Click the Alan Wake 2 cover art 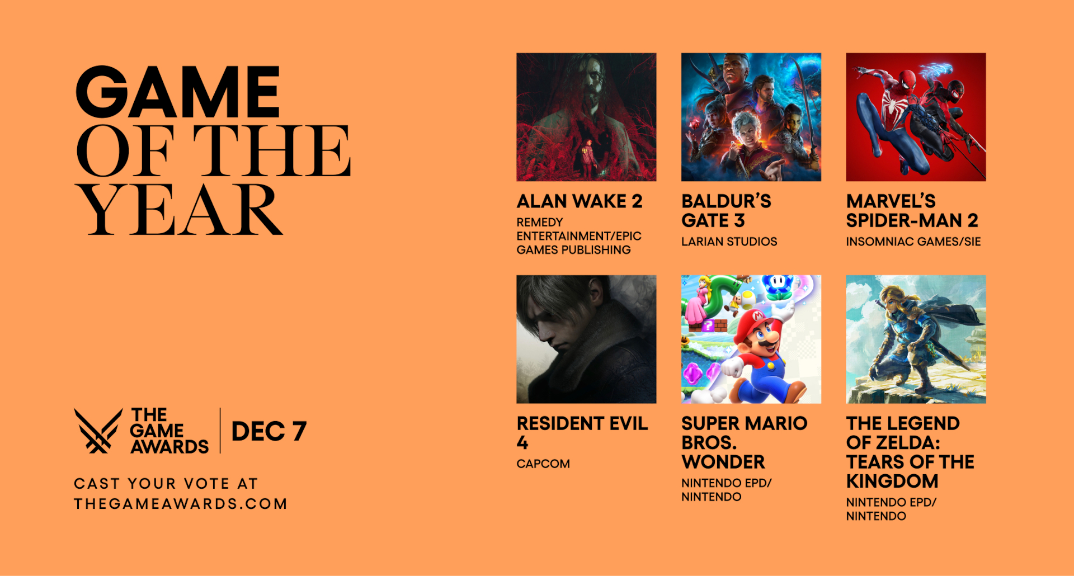click(586, 117)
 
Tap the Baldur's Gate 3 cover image click(751, 117)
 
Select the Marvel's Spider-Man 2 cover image click(916, 117)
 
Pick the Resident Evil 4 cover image click(586, 339)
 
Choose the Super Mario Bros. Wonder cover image click(751, 339)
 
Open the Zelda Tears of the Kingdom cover click(916, 339)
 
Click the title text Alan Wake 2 click(580, 201)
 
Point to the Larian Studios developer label click(729, 242)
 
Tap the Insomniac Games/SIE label click(913, 242)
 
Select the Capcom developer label click(543, 464)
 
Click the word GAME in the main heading click(177, 92)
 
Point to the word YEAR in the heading click(179, 209)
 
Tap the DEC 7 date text click(268, 431)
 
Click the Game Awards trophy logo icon click(98, 431)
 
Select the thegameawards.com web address click(181, 504)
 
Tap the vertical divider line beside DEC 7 click(220, 431)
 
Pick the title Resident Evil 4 click(582, 433)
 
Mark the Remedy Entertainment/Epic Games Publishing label click(579, 236)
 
